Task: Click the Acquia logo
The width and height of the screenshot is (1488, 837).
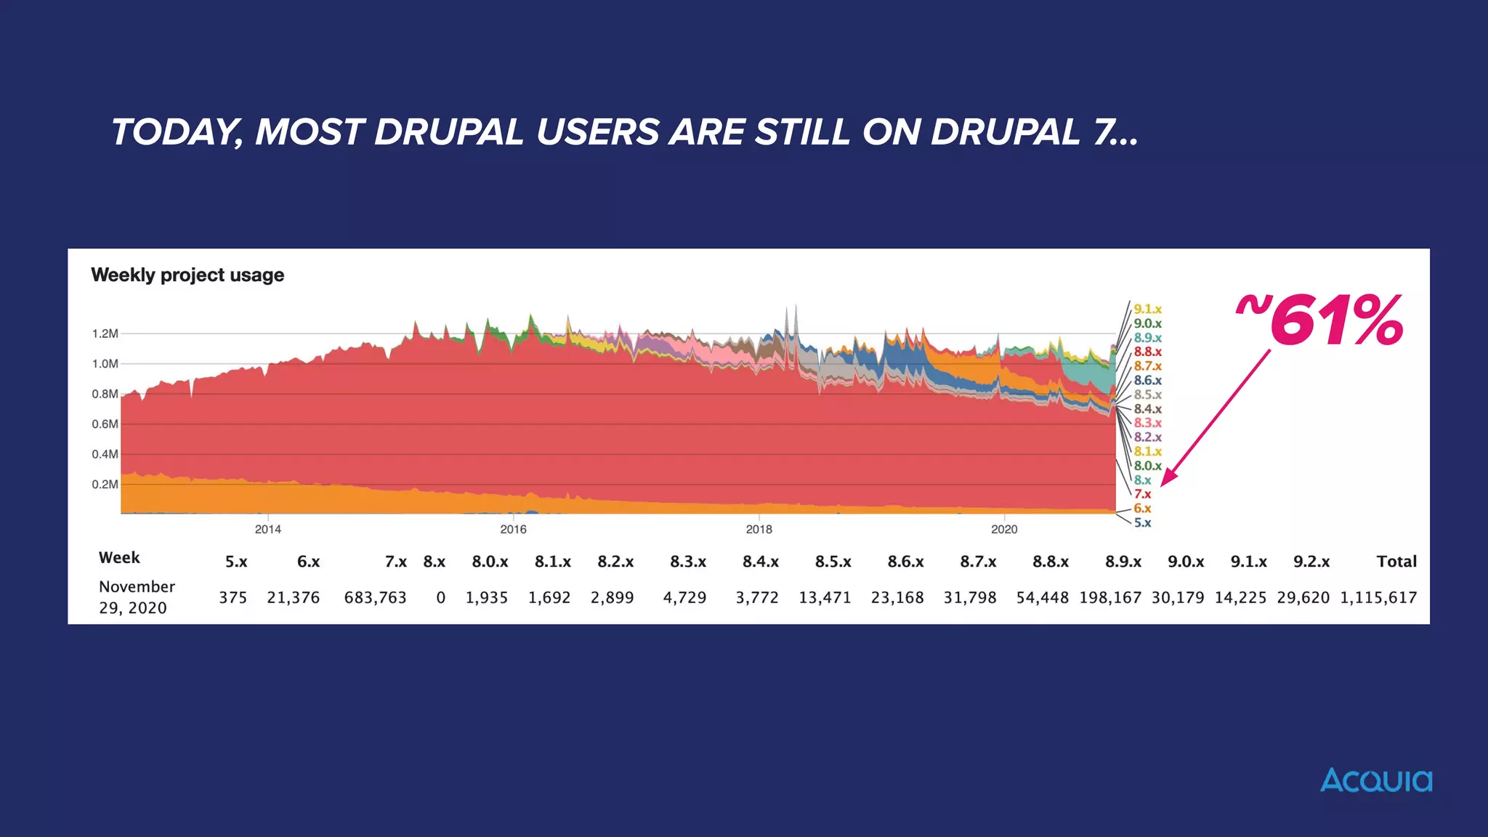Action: pos(1375,780)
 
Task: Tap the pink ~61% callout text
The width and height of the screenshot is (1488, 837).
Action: pos(1320,320)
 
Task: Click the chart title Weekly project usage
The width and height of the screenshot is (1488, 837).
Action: pos(187,275)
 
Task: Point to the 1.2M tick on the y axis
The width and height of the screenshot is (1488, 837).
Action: pos(105,333)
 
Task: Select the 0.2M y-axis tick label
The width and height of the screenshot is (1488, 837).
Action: pos(105,485)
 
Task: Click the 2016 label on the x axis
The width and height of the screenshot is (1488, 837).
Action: pos(513,530)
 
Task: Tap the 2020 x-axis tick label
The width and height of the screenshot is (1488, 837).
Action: pos(1004,530)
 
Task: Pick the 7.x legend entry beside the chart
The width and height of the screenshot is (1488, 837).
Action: pos(1142,494)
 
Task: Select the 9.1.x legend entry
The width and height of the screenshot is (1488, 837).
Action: pos(1147,310)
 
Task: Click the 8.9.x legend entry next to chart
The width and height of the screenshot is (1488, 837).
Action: pos(1147,338)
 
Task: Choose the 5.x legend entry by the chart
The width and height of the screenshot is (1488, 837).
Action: pos(1142,522)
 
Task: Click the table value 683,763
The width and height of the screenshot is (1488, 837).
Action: pos(375,598)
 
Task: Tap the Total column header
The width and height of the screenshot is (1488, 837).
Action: pos(1396,562)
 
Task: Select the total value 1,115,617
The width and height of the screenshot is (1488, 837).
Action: pos(1378,598)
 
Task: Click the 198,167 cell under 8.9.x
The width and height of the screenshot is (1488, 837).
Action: pos(1109,598)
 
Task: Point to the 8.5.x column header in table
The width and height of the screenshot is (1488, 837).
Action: pos(833,562)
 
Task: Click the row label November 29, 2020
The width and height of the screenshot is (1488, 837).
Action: pos(137,597)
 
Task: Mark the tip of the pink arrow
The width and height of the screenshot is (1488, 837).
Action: pos(1162,485)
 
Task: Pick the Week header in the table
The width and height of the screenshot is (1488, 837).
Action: pos(119,558)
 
